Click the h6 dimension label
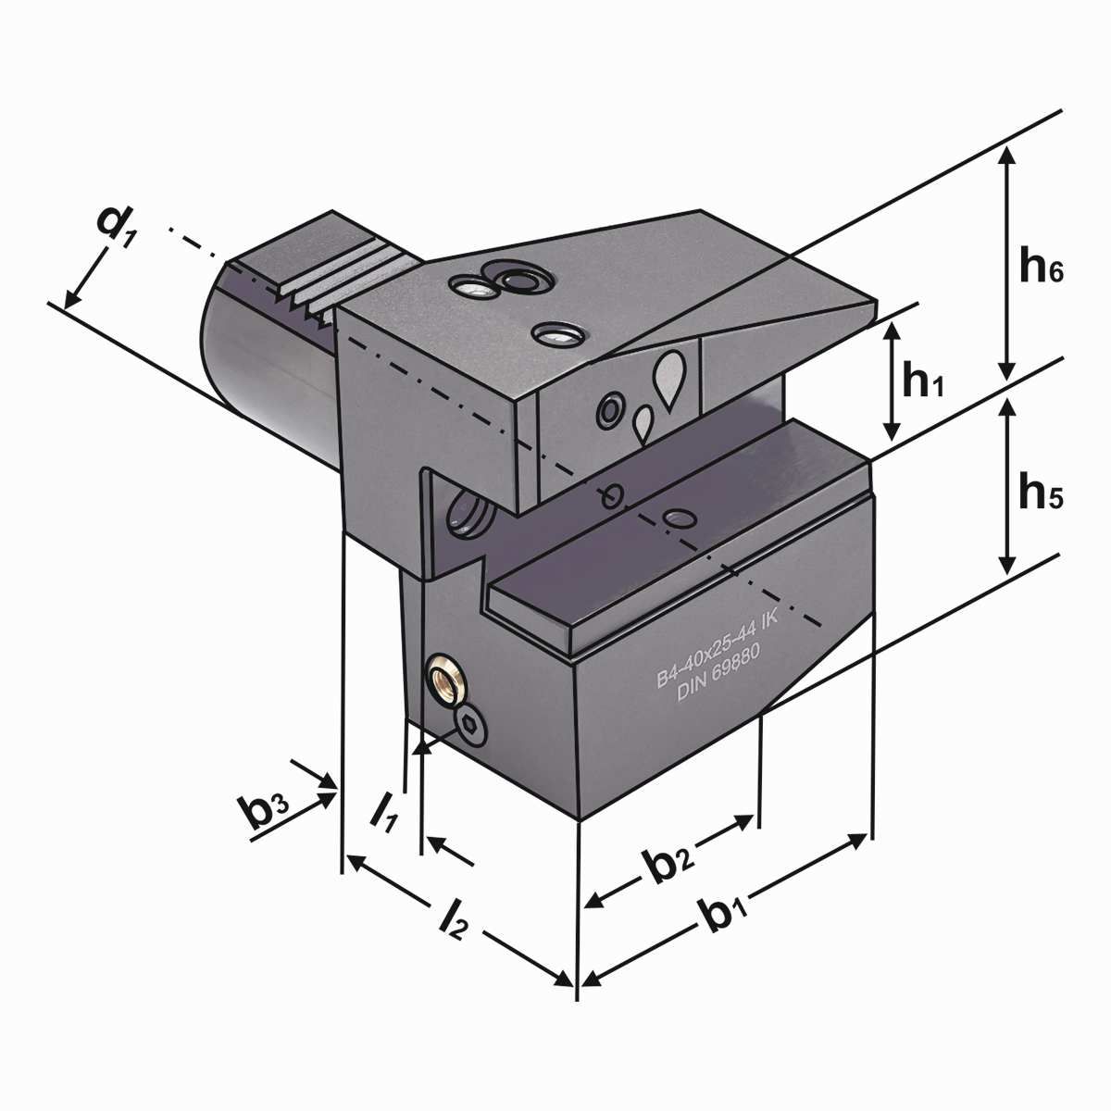click(x=1042, y=268)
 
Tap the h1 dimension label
click(x=924, y=381)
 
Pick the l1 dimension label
click(x=383, y=808)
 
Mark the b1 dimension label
click(x=726, y=917)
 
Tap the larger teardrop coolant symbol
click(x=669, y=375)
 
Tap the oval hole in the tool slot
click(x=680, y=517)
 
